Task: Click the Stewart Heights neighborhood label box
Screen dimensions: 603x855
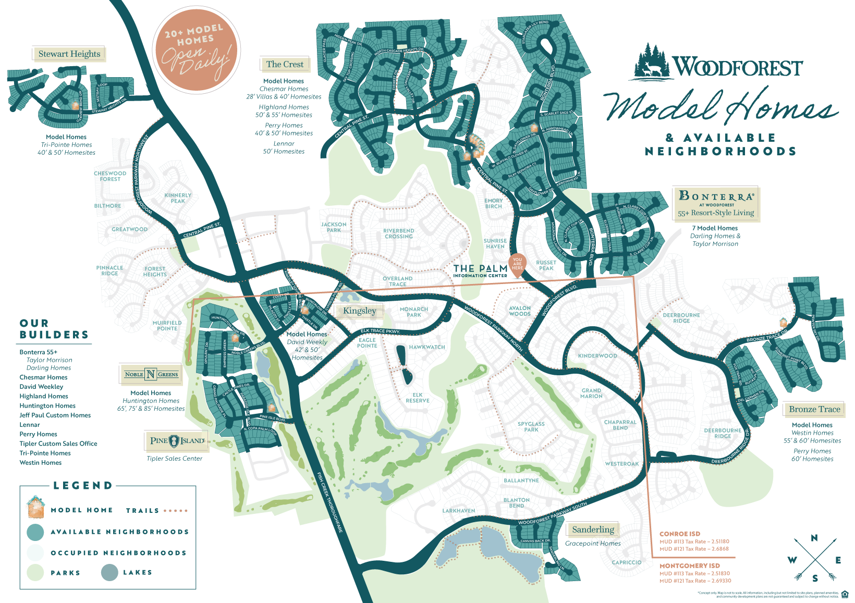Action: (69, 54)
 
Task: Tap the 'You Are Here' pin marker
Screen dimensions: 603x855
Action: (517, 263)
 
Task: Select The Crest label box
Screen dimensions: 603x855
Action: (285, 64)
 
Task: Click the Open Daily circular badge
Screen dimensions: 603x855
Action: (196, 50)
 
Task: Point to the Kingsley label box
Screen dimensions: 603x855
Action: (359, 311)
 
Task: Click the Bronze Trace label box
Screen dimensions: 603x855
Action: (814, 409)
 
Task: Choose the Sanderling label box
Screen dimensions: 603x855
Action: (593, 530)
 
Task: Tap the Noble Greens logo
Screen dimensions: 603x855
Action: (151, 374)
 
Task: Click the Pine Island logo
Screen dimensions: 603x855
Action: (177, 441)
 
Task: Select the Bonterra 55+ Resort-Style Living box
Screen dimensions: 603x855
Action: (715, 204)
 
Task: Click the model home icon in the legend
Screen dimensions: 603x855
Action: (35, 507)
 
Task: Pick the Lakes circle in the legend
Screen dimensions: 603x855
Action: (110, 572)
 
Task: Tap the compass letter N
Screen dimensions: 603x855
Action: (814, 538)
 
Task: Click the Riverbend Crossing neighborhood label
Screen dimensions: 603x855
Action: (399, 233)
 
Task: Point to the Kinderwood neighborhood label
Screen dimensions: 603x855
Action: (597, 356)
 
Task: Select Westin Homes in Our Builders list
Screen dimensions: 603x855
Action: (41, 463)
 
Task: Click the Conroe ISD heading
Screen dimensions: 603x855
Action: (680, 534)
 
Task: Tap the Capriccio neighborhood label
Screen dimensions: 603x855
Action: (627, 562)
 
